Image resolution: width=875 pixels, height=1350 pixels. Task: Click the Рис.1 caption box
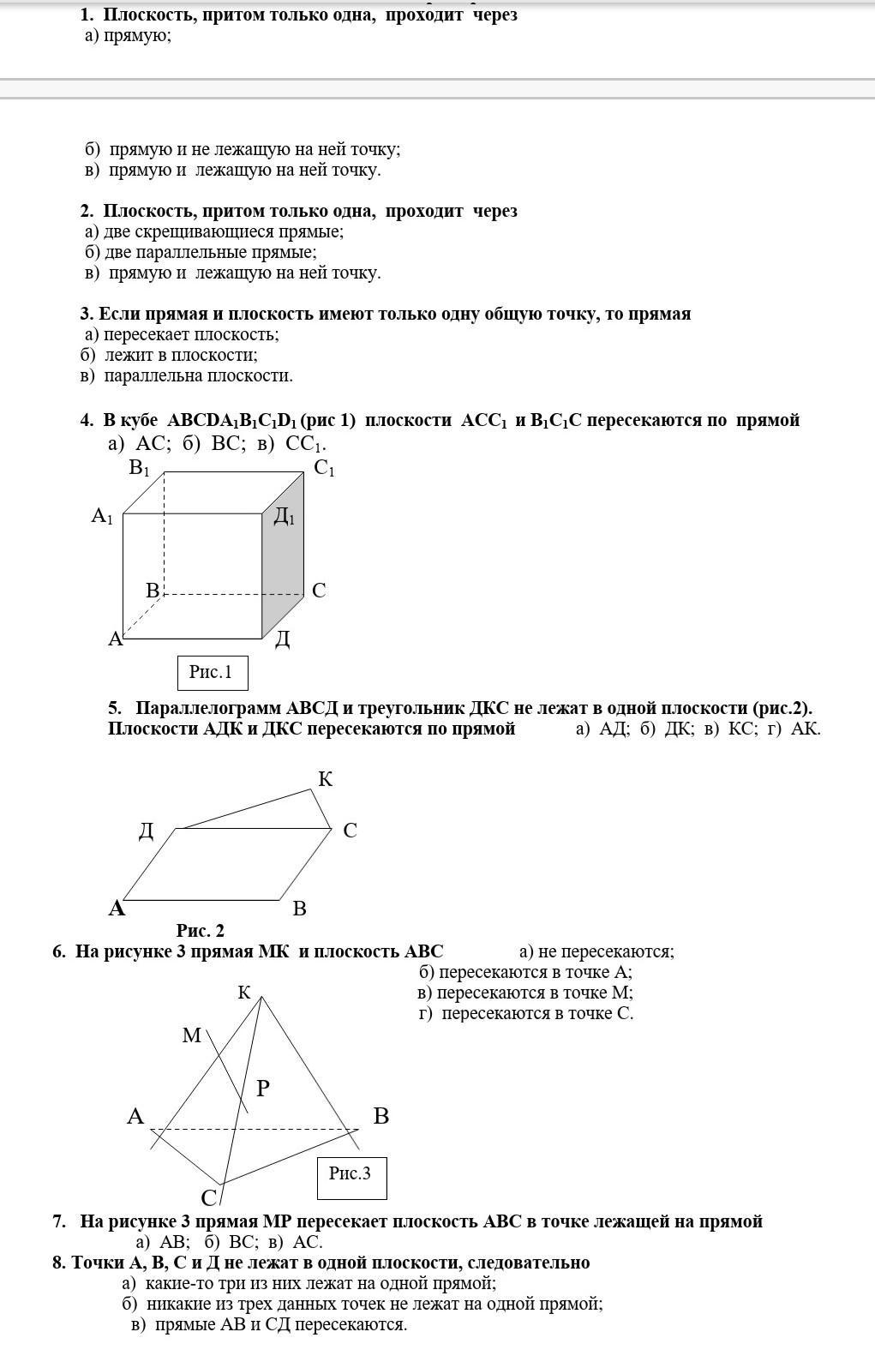click(x=212, y=673)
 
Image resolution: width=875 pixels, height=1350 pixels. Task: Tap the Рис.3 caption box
click(x=351, y=1174)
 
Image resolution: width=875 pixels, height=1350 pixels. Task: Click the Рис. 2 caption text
click(x=200, y=931)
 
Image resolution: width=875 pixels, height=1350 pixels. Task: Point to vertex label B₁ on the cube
click(x=139, y=468)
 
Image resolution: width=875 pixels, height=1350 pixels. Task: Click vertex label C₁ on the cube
click(x=324, y=468)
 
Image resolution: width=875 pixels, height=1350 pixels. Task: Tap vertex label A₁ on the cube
click(x=102, y=516)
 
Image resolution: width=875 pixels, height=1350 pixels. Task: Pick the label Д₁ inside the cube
click(x=284, y=516)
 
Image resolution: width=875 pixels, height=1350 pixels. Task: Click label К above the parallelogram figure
click(x=326, y=779)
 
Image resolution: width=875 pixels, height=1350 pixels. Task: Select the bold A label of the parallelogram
click(x=117, y=909)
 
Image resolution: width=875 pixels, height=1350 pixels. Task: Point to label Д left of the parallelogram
click(x=147, y=831)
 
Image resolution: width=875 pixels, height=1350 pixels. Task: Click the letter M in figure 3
click(x=192, y=1035)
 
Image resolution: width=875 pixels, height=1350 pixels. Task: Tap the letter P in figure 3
click(x=263, y=1089)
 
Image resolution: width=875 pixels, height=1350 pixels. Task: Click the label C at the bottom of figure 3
click(x=209, y=1197)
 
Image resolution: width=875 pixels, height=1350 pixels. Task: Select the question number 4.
click(x=87, y=420)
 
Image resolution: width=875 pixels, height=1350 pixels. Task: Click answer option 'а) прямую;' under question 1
click(x=128, y=35)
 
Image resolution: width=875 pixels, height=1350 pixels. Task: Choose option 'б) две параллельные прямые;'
click(x=201, y=252)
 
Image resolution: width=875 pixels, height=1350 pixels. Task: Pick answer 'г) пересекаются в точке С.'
click(x=525, y=1013)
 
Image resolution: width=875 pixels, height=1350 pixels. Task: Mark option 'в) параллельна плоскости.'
click(x=186, y=375)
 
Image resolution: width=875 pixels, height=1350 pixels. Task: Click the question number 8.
click(x=58, y=1263)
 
